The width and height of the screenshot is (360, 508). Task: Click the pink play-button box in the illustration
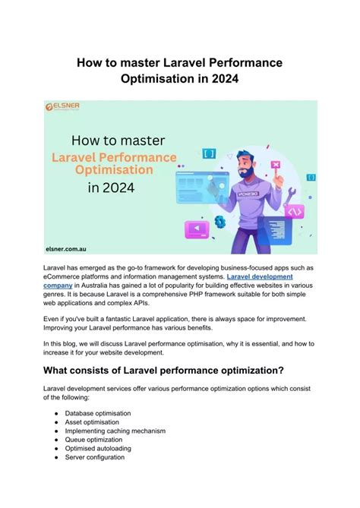click(198, 228)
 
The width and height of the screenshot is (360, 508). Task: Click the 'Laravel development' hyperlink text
click(260, 277)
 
